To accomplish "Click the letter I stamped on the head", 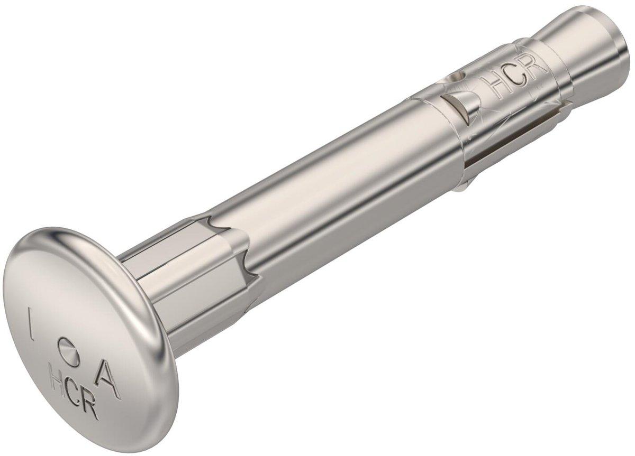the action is coord(30,327).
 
